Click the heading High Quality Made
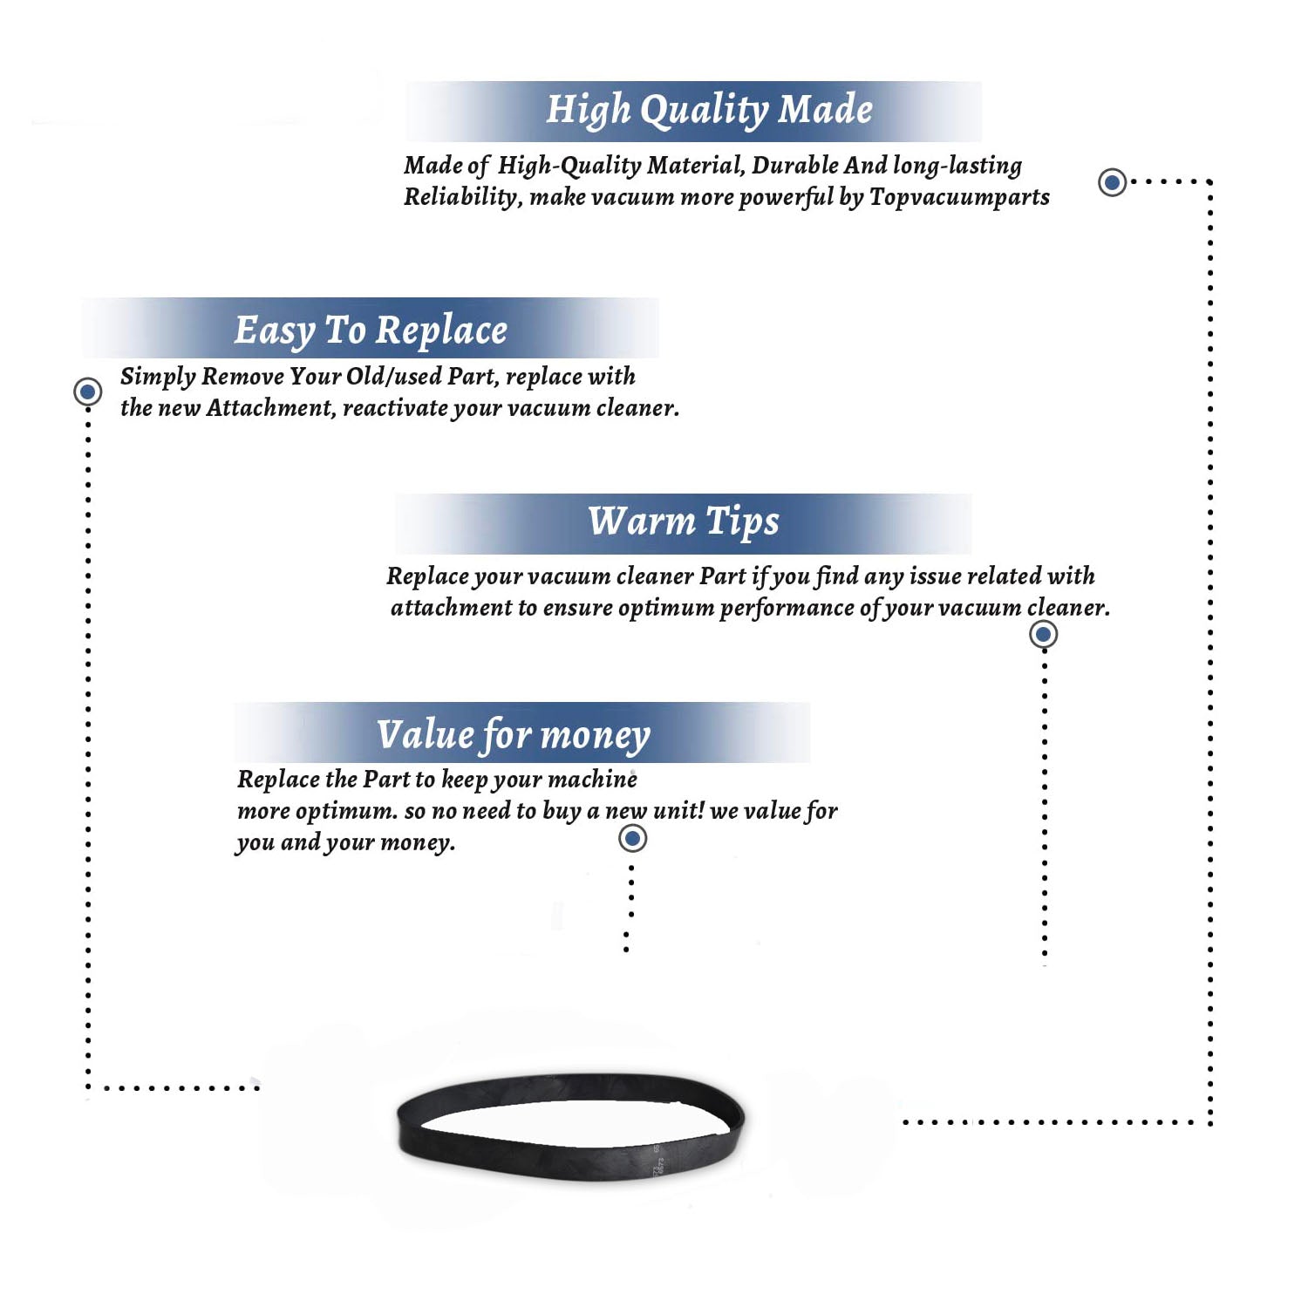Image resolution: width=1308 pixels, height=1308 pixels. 709,111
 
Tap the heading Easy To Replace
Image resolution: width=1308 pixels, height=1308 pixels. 371,331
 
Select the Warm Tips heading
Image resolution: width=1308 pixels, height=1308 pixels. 684,521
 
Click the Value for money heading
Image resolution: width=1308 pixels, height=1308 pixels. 514,735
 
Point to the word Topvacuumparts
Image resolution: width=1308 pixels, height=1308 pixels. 959,197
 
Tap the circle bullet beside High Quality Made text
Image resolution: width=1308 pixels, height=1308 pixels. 1112,182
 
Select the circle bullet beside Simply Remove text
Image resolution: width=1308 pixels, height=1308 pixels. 87,392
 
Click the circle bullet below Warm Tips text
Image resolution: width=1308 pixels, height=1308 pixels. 1044,634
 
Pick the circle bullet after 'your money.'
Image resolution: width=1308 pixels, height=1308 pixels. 632,839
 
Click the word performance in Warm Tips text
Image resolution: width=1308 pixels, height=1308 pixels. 787,608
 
